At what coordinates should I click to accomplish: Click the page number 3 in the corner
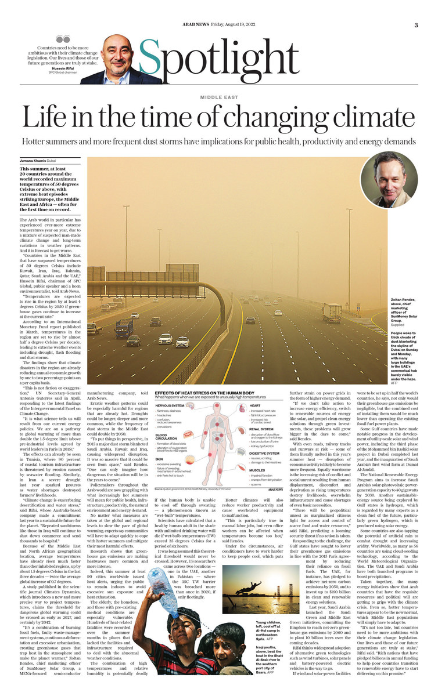[416, 25]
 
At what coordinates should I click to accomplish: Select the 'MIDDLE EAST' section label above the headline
[219, 97]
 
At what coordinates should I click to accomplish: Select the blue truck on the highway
[124, 328]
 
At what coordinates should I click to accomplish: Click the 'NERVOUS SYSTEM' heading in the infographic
[169, 405]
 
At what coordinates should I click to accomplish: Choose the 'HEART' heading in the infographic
[254, 405]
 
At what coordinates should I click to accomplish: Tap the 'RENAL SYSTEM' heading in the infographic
[261, 430]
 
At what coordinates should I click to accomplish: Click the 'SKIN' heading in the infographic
[160, 458]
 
